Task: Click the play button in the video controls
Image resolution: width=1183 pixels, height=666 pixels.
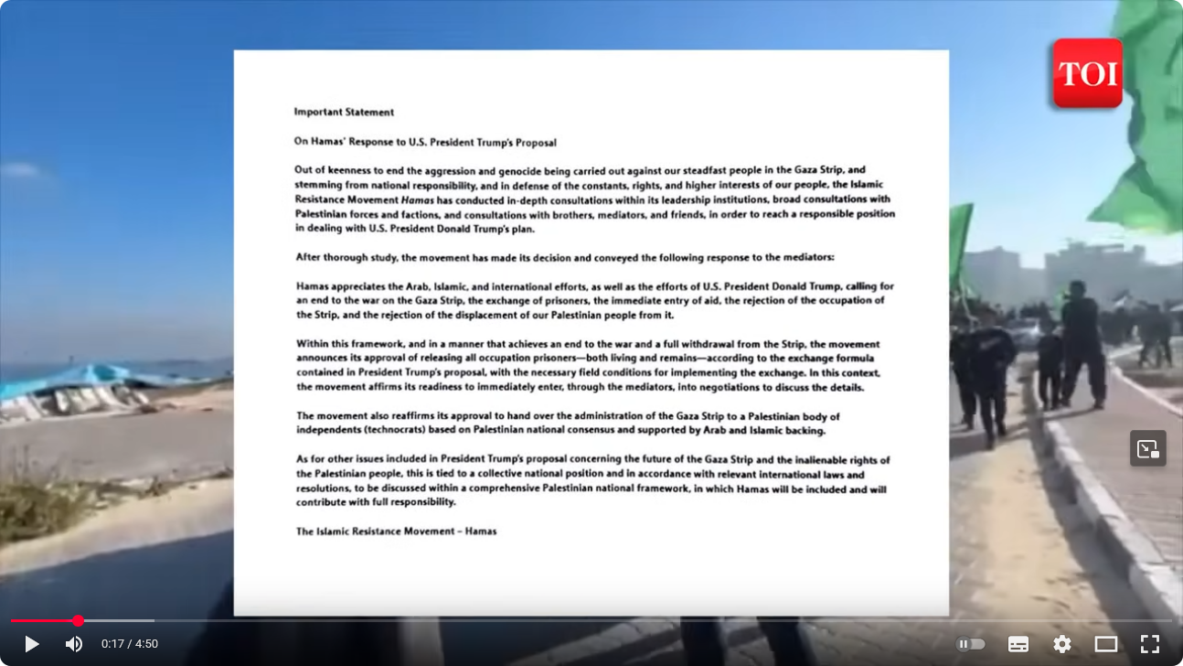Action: (x=31, y=644)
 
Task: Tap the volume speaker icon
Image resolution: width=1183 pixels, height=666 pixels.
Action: (x=73, y=644)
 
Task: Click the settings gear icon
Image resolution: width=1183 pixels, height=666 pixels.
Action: (x=1061, y=644)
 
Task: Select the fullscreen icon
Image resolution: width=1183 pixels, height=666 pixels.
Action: (x=1150, y=644)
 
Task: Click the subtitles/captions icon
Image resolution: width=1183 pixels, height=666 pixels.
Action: (x=1018, y=644)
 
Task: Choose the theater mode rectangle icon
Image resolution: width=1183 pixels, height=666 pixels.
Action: (x=1106, y=644)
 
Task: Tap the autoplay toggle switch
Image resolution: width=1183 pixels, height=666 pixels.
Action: (x=970, y=644)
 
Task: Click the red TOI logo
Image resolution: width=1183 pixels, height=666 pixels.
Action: (x=1087, y=74)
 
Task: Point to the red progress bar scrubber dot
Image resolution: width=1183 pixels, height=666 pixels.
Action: (x=78, y=621)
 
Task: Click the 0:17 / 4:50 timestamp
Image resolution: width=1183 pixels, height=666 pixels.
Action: (x=130, y=644)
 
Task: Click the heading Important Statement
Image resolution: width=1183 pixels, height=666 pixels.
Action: (x=344, y=113)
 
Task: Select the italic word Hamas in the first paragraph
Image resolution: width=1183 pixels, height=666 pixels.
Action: (x=417, y=199)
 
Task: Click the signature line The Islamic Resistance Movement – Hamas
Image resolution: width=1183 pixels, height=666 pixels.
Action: (x=396, y=532)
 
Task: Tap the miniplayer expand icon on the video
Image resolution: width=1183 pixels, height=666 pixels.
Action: (x=1147, y=448)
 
